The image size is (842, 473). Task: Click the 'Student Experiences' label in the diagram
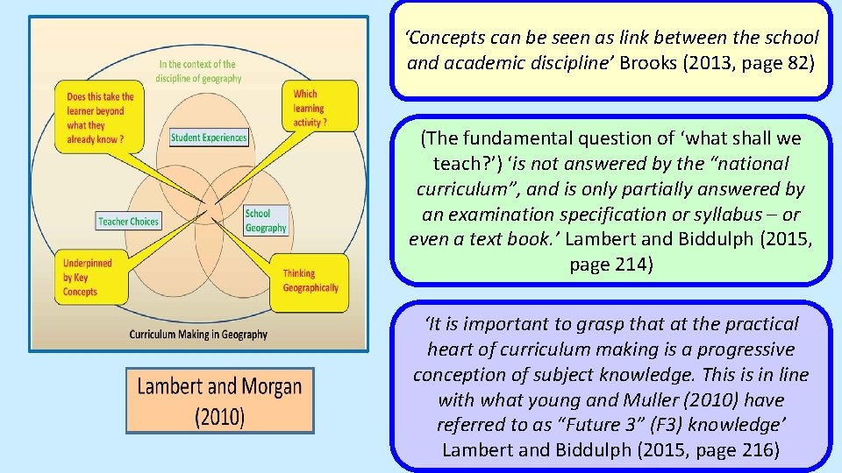pyautogui.click(x=209, y=138)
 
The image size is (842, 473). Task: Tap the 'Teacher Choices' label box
pyautogui.click(x=128, y=222)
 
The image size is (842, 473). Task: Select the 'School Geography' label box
pyautogui.click(x=265, y=221)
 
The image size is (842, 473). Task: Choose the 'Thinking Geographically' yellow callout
pyautogui.click(x=310, y=280)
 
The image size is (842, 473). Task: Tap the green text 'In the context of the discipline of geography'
pyautogui.click(x=197, y=71)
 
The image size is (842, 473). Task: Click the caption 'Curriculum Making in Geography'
pyautogui.click(x=198, y=335)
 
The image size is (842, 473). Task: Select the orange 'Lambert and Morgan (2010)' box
pyautogui.click(x=219, y=400)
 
